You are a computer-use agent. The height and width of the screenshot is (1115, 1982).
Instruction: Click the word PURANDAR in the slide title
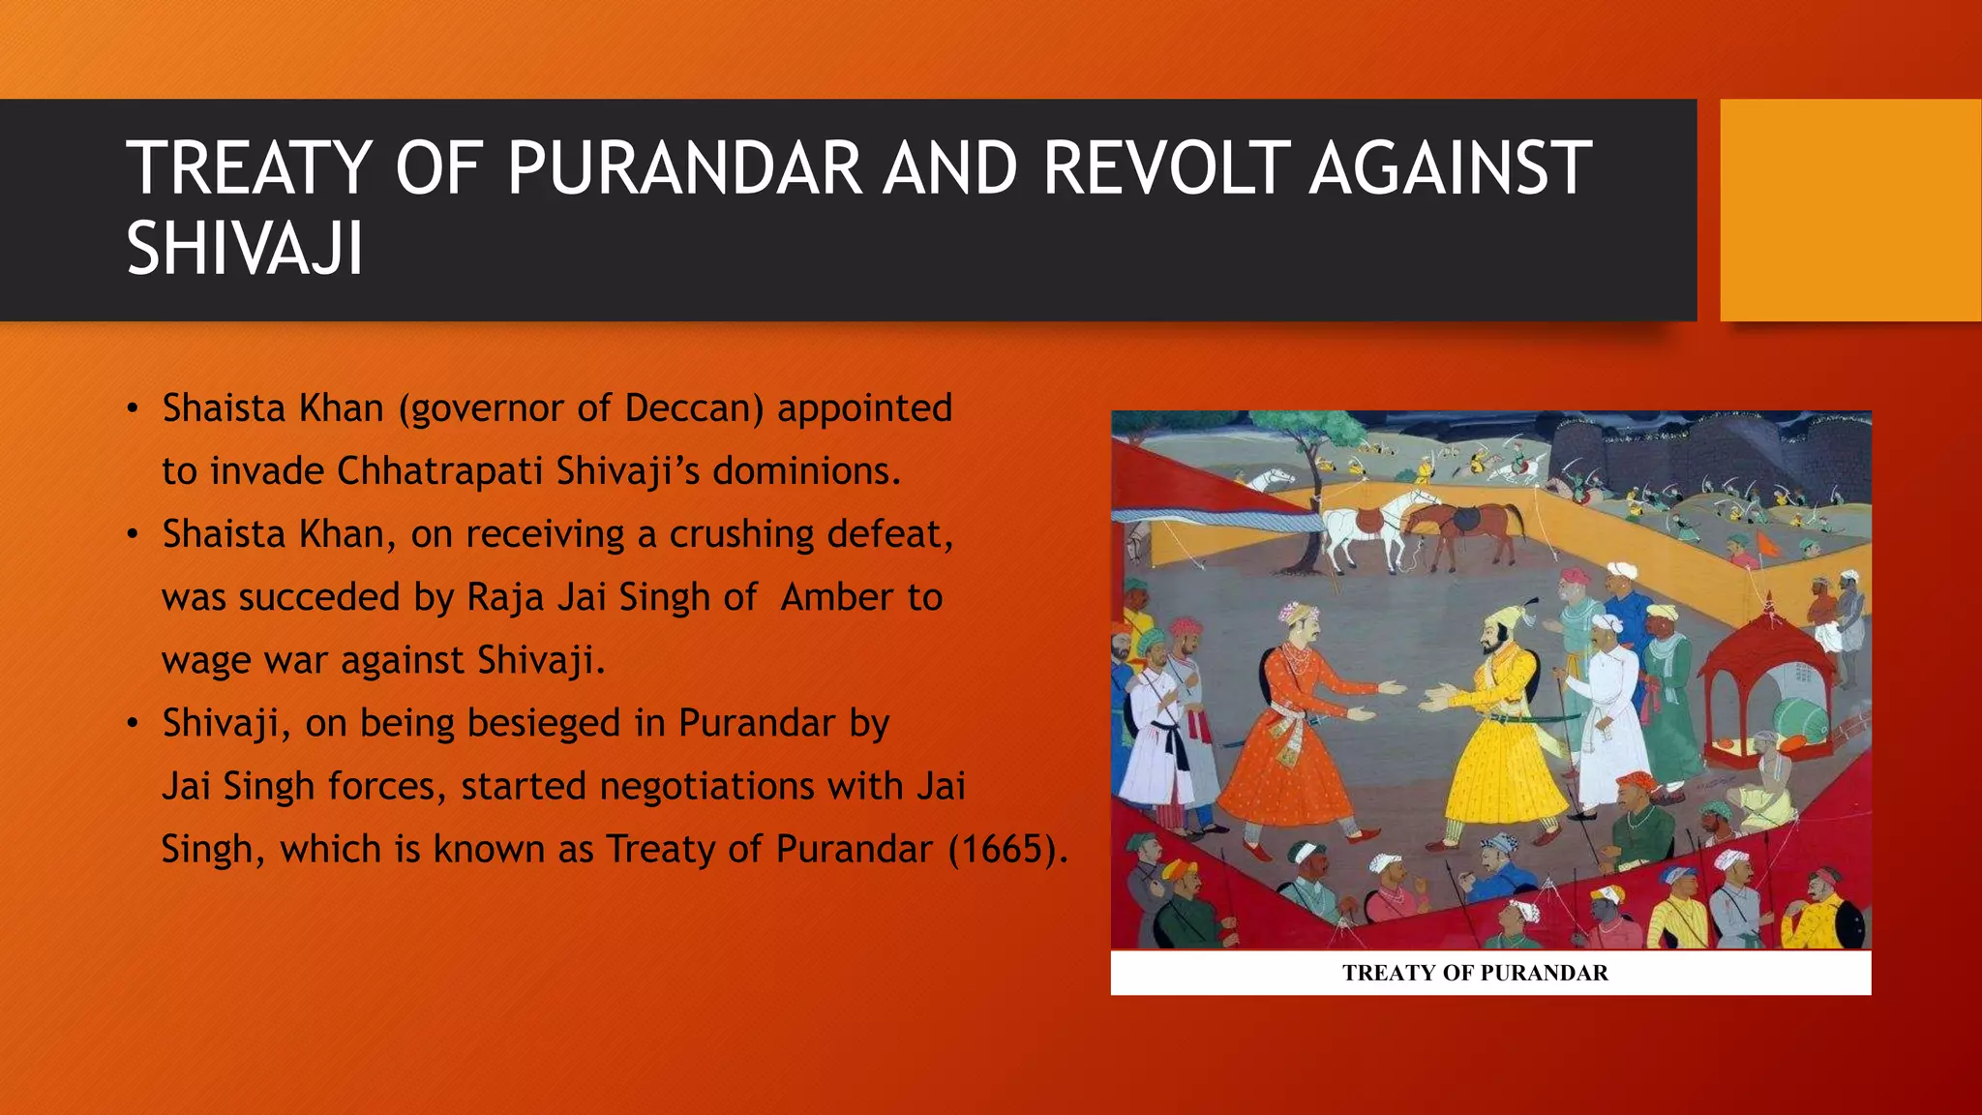click(683, 168)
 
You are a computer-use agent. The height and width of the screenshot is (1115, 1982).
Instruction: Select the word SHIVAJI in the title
click(245, 250)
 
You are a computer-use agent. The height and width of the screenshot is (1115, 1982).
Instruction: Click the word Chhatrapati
click(440, 471)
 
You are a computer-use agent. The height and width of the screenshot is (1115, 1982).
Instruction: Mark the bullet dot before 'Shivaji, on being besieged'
click(134, 724)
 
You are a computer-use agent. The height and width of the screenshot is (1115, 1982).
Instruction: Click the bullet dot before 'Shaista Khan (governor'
click(134, 409)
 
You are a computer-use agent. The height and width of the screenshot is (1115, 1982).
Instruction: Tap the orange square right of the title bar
click(1850, 210)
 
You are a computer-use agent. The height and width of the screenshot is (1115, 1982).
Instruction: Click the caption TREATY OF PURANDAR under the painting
click(1475, 973)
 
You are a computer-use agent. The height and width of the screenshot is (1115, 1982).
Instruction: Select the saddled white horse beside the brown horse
click(1365, 527)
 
